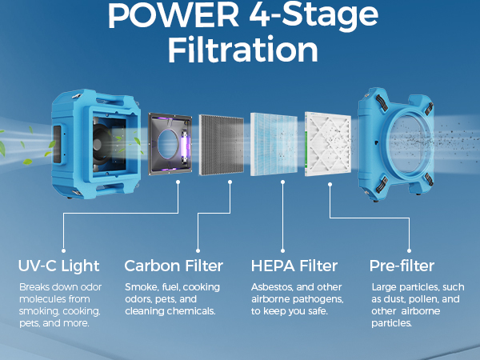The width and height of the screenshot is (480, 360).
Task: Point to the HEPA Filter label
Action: [294, 266]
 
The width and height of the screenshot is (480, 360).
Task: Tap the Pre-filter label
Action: [402, 266]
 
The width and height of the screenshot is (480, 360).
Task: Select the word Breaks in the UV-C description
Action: [36, 287]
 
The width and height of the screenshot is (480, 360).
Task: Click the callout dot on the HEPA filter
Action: [282, 182]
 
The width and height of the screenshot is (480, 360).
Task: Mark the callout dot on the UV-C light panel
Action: [178, 182]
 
